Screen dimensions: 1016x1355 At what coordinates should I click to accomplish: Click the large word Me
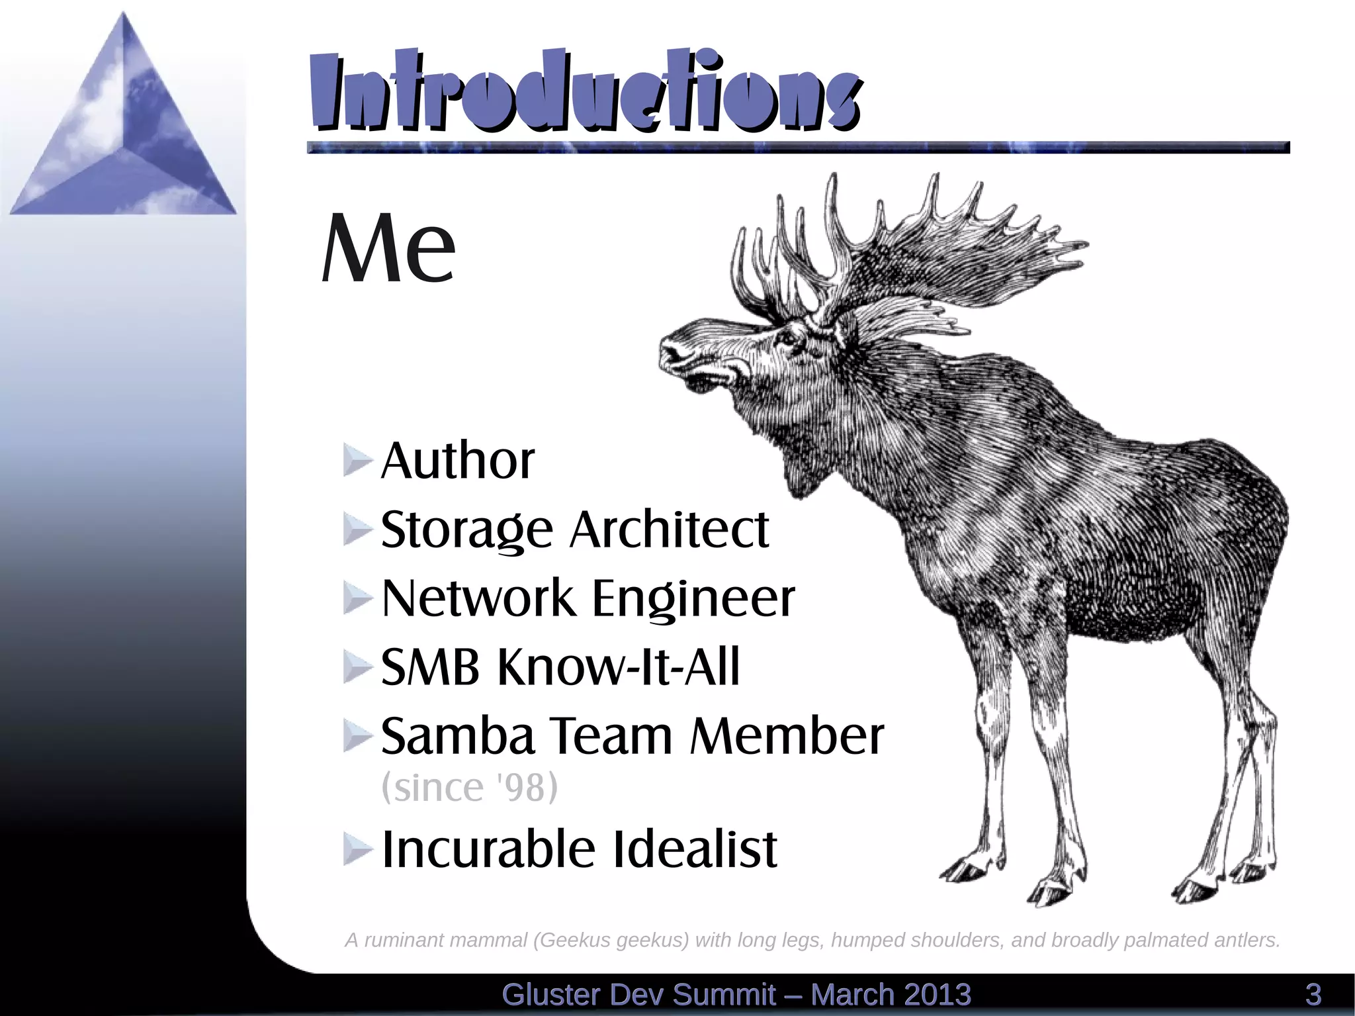point(388,248)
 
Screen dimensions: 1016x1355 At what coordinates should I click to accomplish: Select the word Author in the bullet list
point(458,461)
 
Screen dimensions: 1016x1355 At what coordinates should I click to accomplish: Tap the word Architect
point(670,530)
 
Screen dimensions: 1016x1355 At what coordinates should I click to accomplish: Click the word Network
point(478,598)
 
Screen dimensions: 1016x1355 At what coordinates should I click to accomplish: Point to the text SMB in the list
point(430,667)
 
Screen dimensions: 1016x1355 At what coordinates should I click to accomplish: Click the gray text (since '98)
point(470,788)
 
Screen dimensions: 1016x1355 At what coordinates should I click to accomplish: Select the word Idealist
point(695,849)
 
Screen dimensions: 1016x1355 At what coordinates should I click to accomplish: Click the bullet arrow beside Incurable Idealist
point(358,849)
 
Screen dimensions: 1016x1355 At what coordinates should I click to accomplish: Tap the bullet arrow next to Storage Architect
point(358,530)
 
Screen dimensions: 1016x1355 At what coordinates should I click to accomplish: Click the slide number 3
point(1313,995)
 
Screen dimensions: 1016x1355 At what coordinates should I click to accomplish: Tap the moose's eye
point(787,339)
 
